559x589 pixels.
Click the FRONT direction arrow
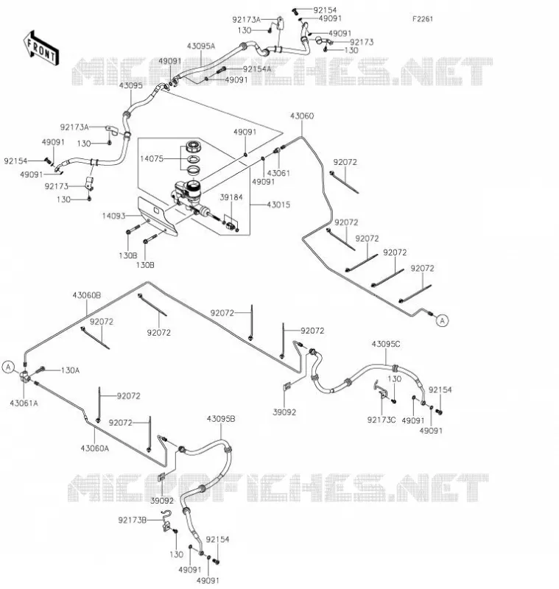(41, 49)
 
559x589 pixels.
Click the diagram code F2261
(423, 19)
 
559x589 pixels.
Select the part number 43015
(278, 205)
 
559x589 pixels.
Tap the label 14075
(152, 158)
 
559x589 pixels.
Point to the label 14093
(113, 216)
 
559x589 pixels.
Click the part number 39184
(231, 197)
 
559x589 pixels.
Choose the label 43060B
(87, 295)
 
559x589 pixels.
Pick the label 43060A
(95, 448)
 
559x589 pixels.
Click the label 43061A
(24, 403)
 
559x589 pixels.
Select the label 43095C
(386, 344)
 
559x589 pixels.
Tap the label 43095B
(221, 418)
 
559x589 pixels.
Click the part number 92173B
(133, 521)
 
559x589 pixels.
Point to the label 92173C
(382, 420)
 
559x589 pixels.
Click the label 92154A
(257, 69)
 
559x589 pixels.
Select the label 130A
(70, 370)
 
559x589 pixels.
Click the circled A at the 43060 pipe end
(443, 320)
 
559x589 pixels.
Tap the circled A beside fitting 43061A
(9, 367)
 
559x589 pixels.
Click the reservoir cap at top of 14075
(194, 146)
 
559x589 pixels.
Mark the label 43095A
(201, 46)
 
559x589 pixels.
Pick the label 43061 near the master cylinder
(278, 173)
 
